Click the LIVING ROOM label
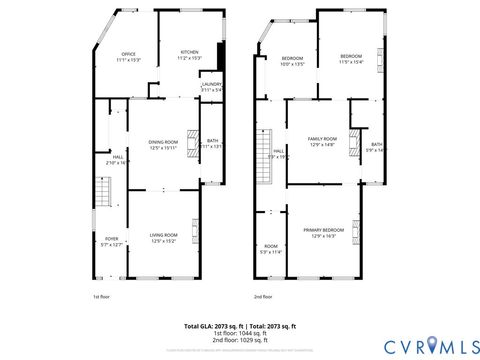[163, 237]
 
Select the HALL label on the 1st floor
[118, 158]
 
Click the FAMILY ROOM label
[322, 141]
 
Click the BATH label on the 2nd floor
[376, 147]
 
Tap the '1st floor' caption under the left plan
[101, 296]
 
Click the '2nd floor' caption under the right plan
[263, 296]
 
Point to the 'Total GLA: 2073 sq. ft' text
[216, 326]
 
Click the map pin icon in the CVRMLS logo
[432, 345]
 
